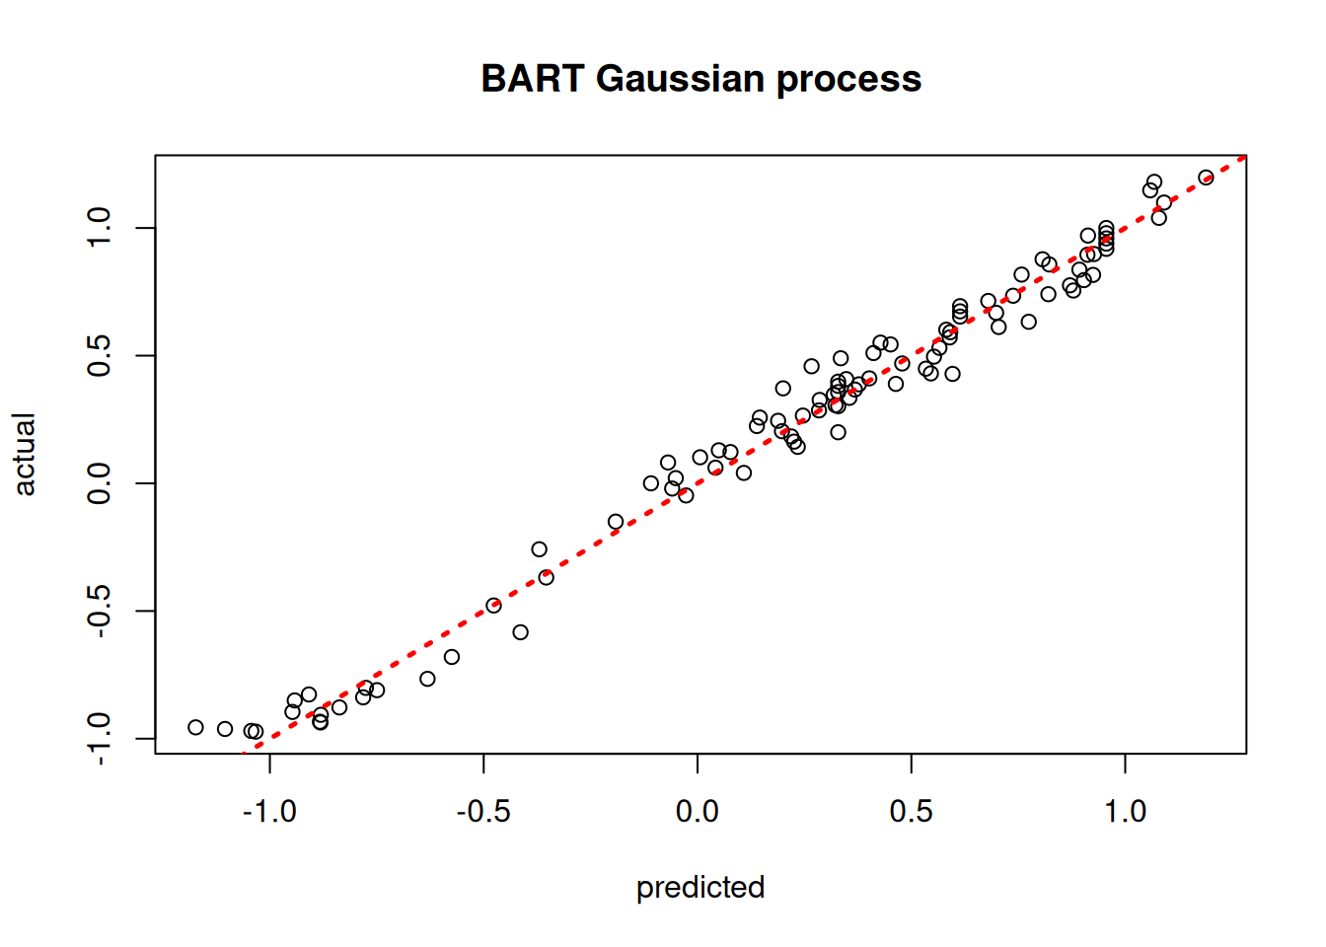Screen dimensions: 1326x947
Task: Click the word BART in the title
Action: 533,79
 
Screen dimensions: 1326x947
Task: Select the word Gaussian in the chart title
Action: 680,79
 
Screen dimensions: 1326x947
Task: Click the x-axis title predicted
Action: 700,888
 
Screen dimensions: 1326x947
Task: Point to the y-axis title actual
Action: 24,455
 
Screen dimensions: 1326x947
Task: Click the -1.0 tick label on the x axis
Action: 269,812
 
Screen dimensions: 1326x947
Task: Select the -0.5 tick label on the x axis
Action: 483,812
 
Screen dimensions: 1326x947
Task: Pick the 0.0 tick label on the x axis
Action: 698,812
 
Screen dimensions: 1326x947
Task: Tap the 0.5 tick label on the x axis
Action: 911,812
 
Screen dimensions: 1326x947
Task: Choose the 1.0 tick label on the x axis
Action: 1126,812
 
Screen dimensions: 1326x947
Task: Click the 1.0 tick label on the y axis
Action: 99,227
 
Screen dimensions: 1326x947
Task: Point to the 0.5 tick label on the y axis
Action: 99,356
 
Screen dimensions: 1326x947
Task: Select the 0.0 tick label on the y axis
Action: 99,483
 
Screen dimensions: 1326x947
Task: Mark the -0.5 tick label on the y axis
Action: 99,612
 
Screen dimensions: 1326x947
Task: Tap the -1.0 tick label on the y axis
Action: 99,739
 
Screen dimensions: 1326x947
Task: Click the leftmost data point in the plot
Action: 195,727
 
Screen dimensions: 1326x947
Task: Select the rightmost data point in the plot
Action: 1206,177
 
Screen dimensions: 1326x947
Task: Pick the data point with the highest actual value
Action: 1206,177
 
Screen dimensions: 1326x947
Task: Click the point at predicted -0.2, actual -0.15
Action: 616,522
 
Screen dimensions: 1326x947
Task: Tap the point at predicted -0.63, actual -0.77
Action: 427,679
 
